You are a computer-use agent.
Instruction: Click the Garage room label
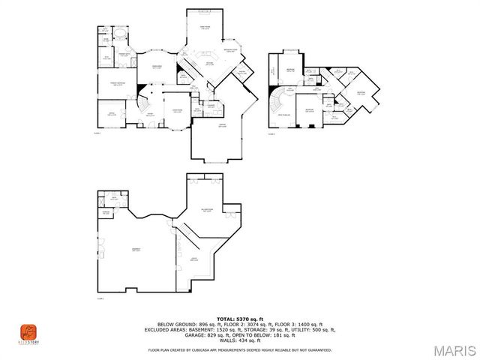[x=222, y=125]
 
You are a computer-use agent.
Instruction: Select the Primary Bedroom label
[x=118, y=83]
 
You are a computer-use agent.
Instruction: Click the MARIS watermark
[x=449, y=350]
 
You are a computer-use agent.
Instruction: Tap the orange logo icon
[x=28, y=331]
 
